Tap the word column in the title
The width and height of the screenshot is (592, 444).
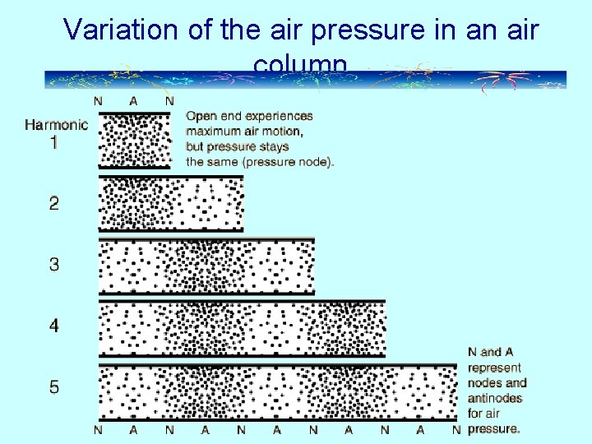click(x=301, y=64)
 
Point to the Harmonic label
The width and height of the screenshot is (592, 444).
click(x=56, y=125)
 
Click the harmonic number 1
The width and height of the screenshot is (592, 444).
click(x=54, y=142)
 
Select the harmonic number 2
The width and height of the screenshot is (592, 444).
click(x=54, y=203)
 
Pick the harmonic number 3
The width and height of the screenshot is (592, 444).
click(x=54, y=265)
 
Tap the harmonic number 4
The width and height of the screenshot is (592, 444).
click(x=54, y=326)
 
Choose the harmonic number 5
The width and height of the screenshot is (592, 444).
click(x=54, y=386)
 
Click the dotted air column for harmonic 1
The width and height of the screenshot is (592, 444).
click(x=134, y=141)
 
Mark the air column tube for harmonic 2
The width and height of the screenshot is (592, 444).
click(x=171, y=203)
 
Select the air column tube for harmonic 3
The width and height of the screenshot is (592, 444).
click(x=206, y=266)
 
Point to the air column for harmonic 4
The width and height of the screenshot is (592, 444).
click(x=242, y=327)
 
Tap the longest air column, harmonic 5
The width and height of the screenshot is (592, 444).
click(x=278, y=391)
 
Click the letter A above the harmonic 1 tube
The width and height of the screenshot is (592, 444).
click(x=134, y=101)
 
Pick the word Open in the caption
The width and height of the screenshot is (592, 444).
click(x=200, y=116)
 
